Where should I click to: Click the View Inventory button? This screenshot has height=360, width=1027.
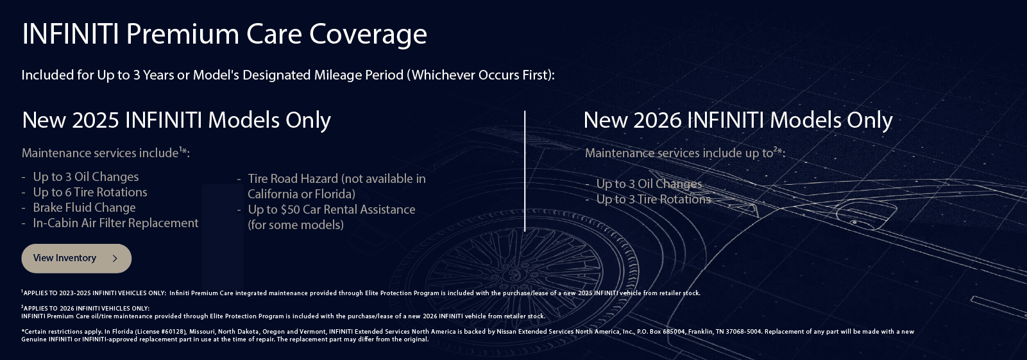click(76, 258)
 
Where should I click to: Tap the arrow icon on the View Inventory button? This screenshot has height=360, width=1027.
click(115, 258)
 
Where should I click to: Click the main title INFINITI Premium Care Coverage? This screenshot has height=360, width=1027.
click(224, 34)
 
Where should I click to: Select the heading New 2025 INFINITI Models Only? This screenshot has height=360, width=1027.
click(176, 120)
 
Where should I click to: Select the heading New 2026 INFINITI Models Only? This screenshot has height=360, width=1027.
click(738, 120)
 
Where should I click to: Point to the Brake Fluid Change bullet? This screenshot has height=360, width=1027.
click(84, 208)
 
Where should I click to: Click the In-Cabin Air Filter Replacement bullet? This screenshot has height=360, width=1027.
click(115, 223)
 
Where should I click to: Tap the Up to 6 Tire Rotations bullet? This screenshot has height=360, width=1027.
click(90, 193)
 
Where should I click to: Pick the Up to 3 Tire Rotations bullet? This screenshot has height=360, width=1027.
click(653, 200)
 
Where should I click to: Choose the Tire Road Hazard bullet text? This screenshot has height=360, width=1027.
click(336, 179)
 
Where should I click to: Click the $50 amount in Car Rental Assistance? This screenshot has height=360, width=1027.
click(290, 210)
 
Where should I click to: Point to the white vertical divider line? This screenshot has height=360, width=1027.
click(525, 171)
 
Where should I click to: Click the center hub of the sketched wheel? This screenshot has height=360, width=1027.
click(513, 273)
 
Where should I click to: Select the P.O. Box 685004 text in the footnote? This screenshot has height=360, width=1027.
click(661, 332)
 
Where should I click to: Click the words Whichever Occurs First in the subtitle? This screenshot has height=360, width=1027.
click(481, 75)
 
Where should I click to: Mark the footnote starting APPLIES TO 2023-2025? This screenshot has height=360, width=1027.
click(95, 293)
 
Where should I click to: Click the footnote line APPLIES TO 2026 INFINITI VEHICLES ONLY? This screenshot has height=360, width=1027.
click(87, 309)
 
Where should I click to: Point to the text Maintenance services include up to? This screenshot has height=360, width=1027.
click(679, 153)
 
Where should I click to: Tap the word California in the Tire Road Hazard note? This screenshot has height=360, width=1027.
click(273, 194)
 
